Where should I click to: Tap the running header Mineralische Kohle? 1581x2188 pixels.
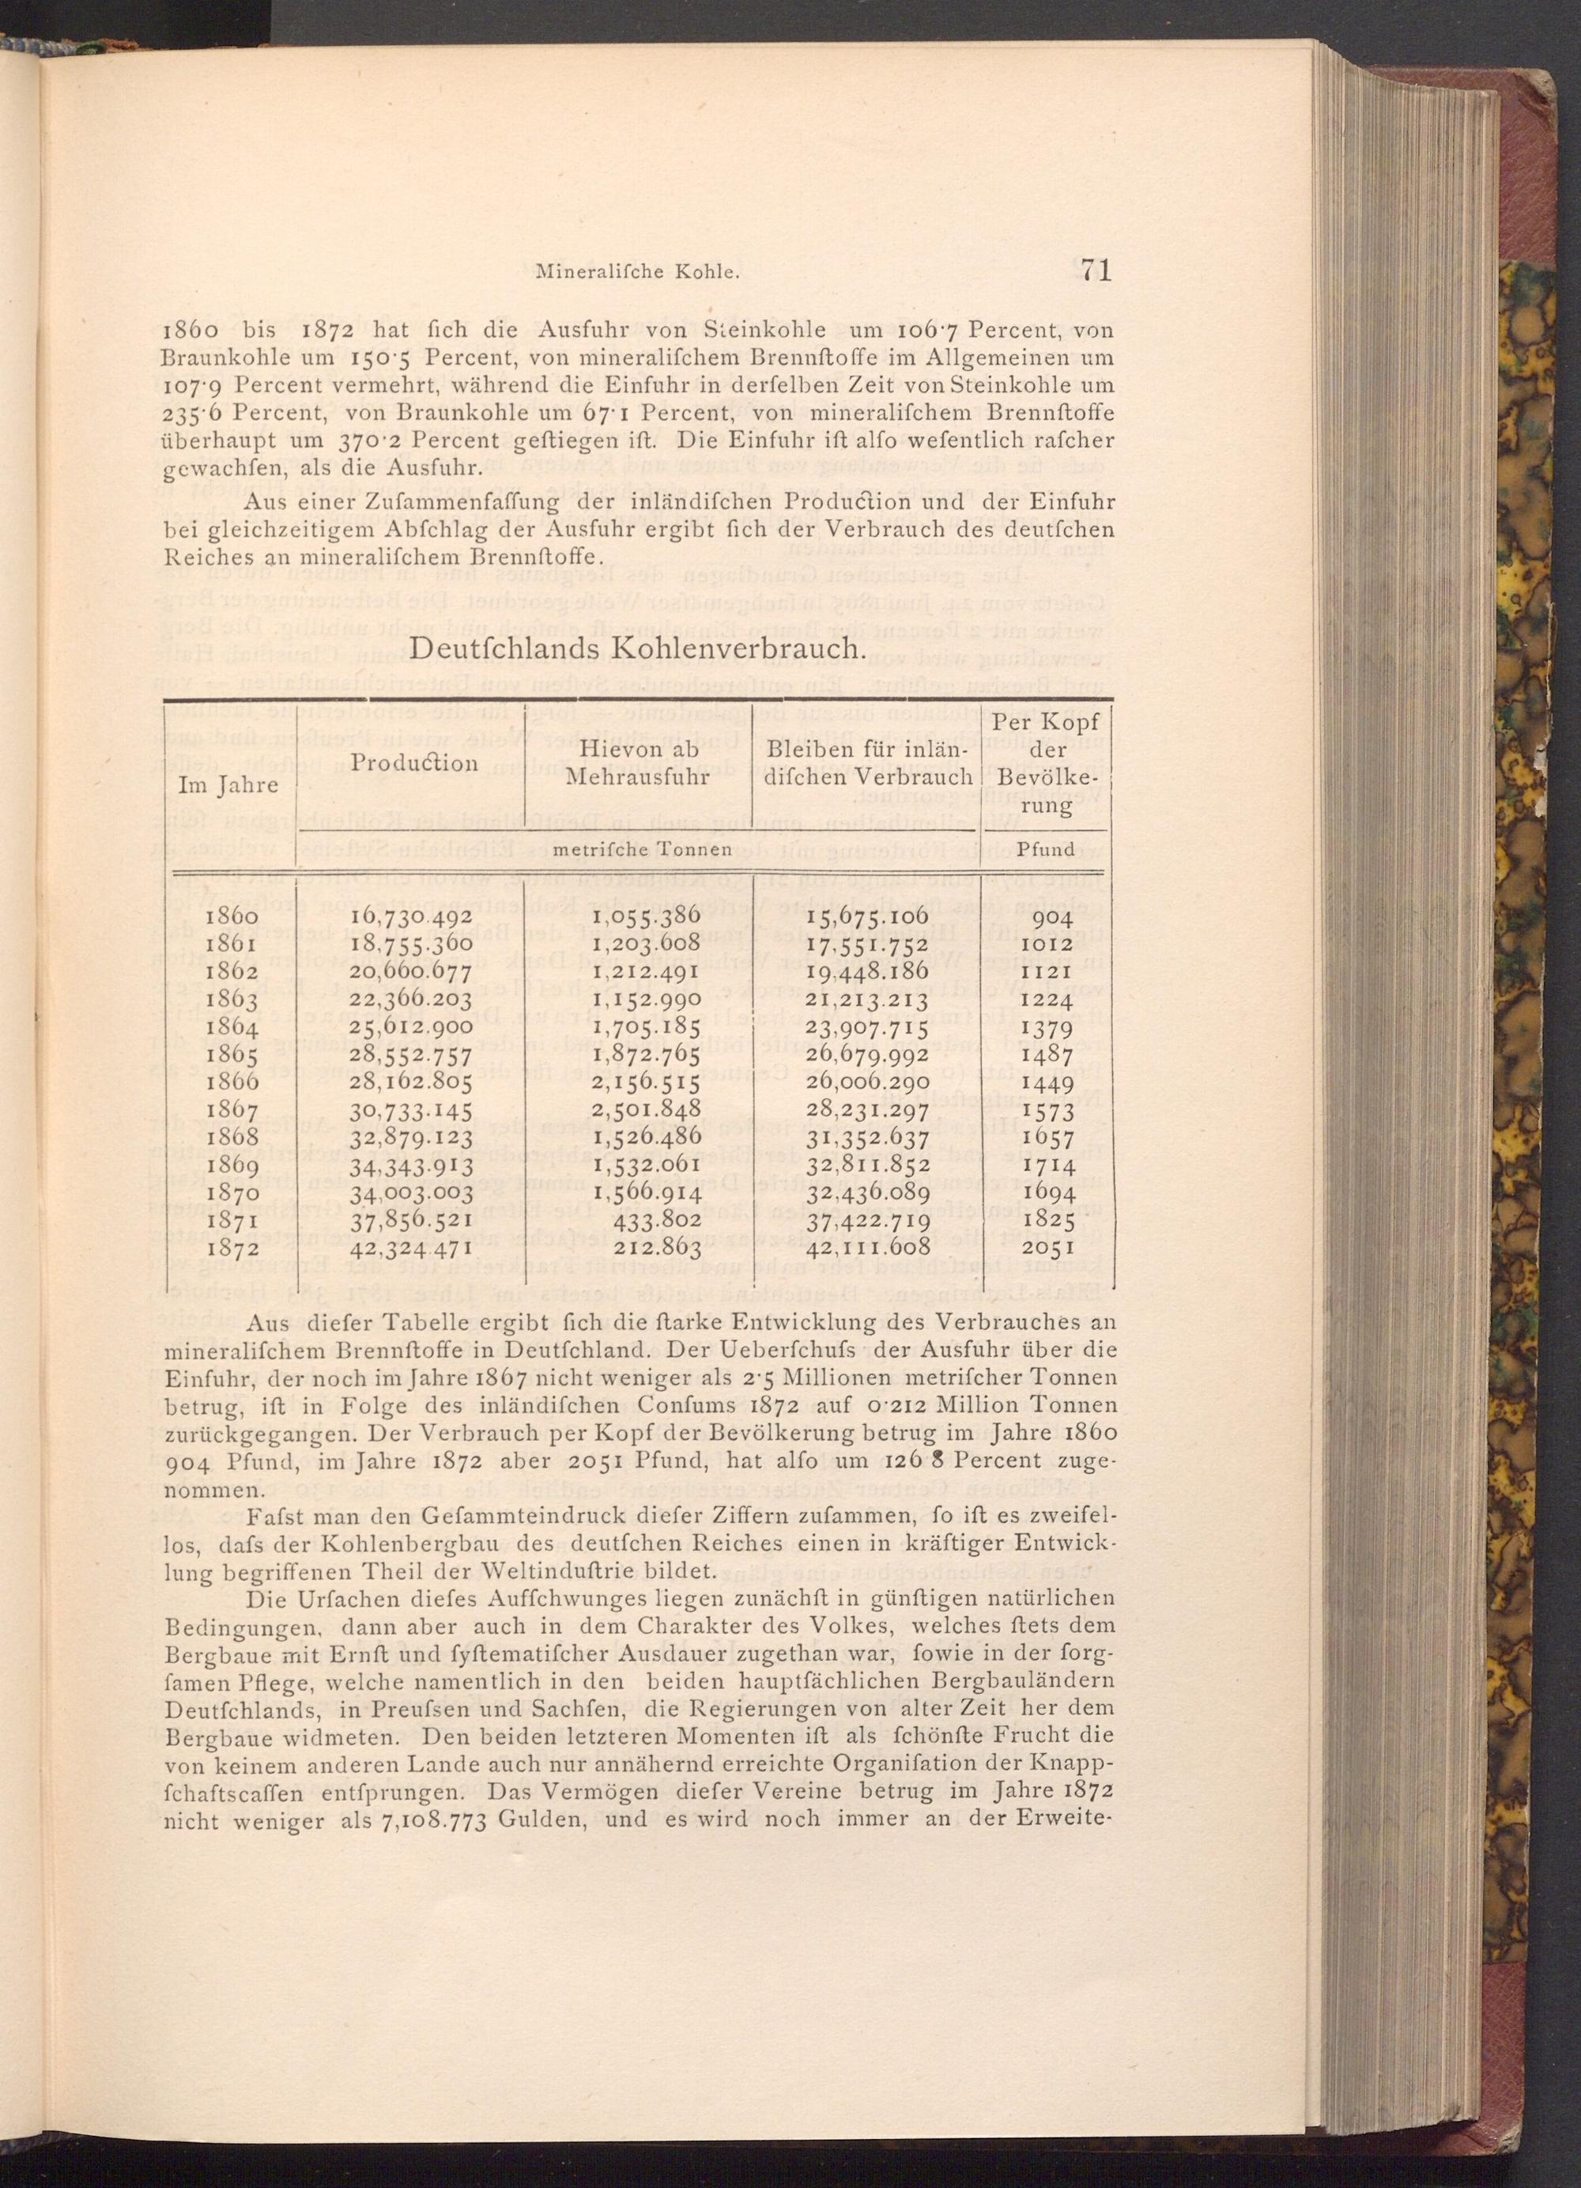coord(636,273)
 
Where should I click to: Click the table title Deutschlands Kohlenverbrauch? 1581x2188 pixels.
coord(635,648)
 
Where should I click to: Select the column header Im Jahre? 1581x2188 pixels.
coord(229,785)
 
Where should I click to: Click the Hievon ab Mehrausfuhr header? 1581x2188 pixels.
coord(636,762)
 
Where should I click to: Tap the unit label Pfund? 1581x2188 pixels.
coord(1047,850)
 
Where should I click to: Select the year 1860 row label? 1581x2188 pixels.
coord(232,917)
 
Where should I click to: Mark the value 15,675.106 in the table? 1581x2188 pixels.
coord(867,917)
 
